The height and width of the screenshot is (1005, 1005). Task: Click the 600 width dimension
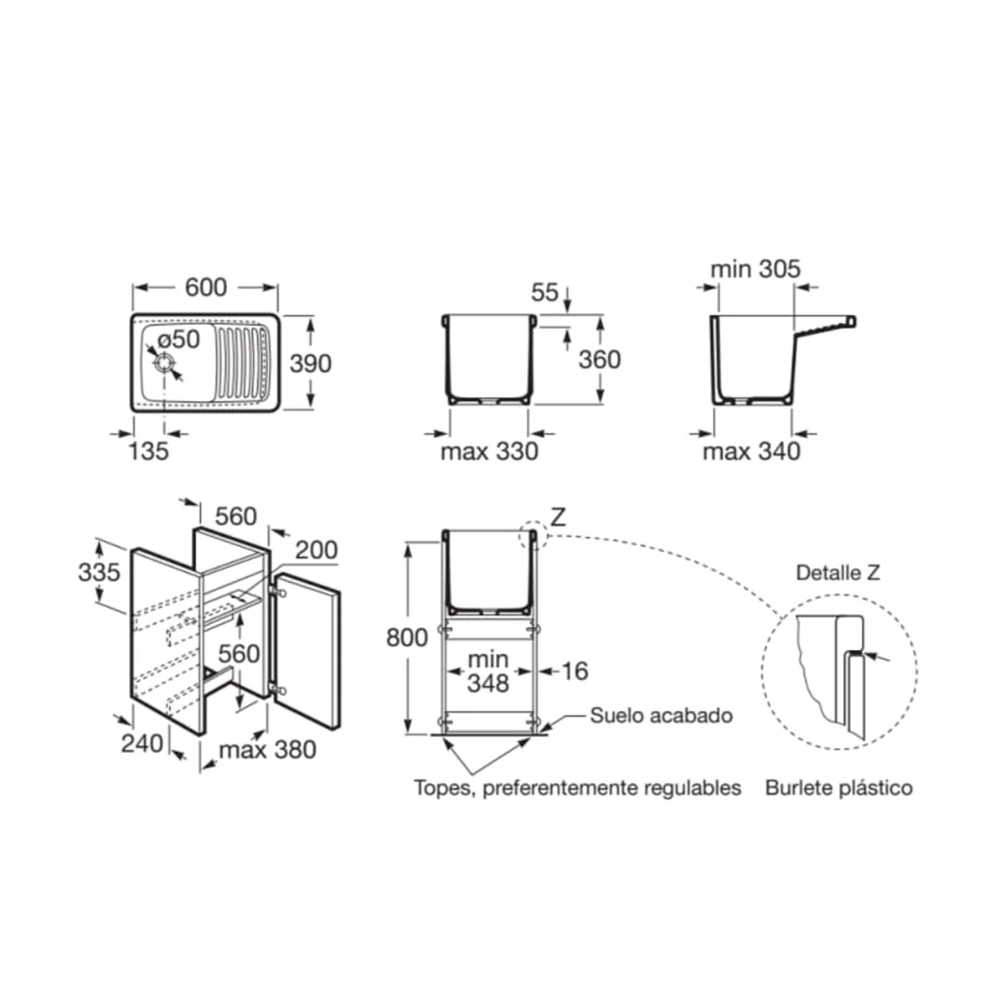tap(206, 287)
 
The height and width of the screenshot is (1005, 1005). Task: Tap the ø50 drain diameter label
tap(179, 339)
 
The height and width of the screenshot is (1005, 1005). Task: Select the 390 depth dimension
tap(311, 363)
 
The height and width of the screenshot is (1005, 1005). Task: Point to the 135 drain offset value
tap(148, 451)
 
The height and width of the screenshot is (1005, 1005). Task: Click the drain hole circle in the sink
tap(164, 363)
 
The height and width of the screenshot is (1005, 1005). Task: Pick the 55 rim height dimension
tap(544, 292)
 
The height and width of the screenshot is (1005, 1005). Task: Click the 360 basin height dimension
tap(600, 359)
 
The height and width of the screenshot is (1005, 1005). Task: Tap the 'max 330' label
tap(489, 451)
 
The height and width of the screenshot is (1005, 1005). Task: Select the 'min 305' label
tap(755, 269)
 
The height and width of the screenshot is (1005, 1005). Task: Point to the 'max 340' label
tap(751, 451)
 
